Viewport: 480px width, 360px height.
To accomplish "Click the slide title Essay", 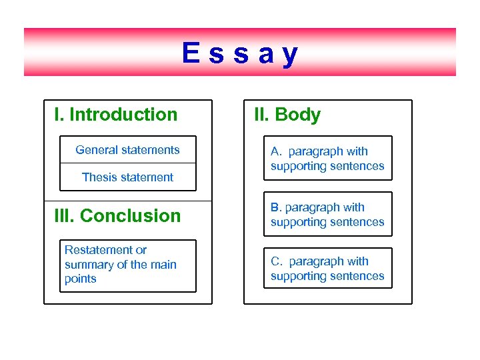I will pos(240,53).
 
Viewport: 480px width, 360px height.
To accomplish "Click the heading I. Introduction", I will pos(116,115).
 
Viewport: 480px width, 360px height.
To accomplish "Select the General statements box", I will pos(127,150).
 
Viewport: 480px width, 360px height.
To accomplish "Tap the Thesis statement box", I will pos(127,177).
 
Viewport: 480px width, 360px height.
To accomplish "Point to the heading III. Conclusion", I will pos(117,216).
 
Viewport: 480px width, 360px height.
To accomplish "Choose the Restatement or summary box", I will pos(127,265).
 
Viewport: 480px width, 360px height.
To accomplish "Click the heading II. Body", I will pos(287,115).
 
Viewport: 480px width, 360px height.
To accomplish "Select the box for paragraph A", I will pos(327,159).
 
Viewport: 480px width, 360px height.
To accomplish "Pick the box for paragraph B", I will pos(327,215).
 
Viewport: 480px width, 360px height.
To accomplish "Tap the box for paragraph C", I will pos(327,269).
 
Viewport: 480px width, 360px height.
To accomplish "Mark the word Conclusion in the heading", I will pos(130,216).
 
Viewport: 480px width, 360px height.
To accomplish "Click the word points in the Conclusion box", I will pos(80,279).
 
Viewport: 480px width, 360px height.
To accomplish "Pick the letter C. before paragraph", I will pos(277,261).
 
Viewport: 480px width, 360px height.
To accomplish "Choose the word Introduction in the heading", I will pos(123,115).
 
